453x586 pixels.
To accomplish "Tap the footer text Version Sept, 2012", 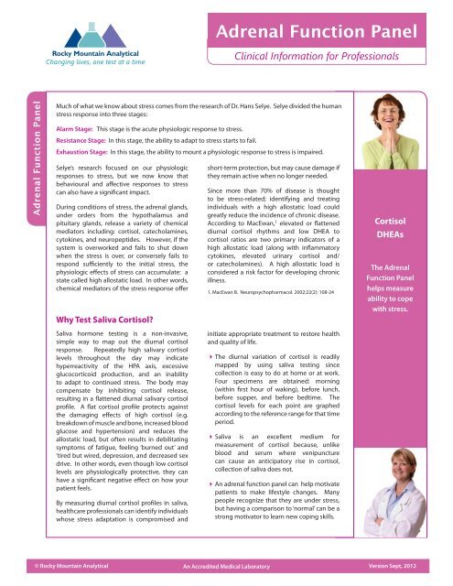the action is click(412, 577).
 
